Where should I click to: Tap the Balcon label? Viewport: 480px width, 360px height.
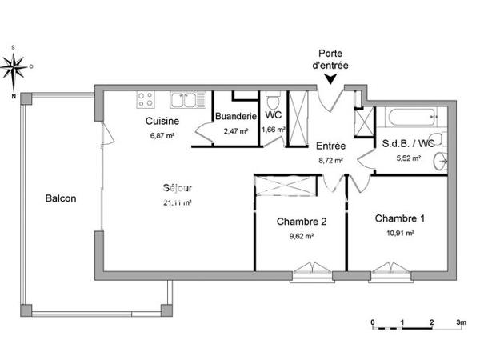[60, 198]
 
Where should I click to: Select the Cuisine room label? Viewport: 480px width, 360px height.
[162, 121]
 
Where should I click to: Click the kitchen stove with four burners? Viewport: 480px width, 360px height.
[146, 100]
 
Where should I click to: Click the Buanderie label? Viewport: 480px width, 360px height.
[235, 116]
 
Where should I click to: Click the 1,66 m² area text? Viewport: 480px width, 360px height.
[274, 130]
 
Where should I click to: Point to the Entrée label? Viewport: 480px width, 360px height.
[330, 146]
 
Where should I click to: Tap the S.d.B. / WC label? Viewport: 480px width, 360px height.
[408, 144]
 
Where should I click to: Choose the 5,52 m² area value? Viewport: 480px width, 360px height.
[408, 158]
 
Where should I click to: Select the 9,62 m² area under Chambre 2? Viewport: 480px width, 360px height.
[300, 236]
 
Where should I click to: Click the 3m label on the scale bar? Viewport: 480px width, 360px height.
[461, 322]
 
